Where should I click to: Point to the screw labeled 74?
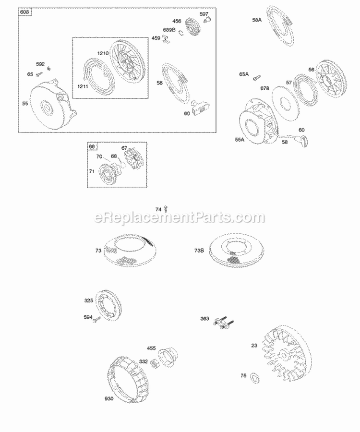(x=166, y=209)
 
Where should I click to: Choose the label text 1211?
(x=83, y=86)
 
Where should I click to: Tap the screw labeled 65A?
(x=258, y=75)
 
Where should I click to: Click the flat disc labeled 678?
(x=285, y=98)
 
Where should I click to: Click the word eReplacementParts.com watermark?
(x=180, y=217)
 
